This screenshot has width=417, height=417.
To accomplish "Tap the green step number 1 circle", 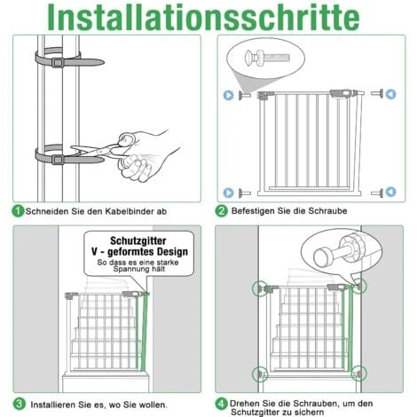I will (x=17, y=212).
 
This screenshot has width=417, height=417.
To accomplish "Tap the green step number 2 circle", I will (x=222, y=212).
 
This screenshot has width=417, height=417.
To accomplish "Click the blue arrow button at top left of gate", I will (x=227, y=93).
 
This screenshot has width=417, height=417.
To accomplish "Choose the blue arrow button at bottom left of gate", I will (x=227, y=191).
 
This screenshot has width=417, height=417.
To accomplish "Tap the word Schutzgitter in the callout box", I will (x=135, y=240).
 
